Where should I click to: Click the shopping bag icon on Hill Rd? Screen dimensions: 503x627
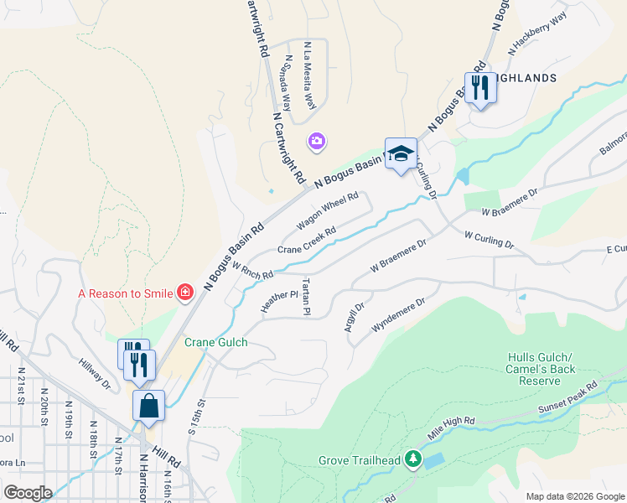pyautogui.click(x=148, y=406)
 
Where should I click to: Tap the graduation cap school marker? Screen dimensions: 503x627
pyautogui.click(x=401, y=153)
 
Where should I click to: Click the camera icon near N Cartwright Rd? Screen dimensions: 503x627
pyautogui.click(x=317, y=141)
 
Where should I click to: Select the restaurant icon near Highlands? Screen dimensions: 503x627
pyautogui.click(x=479, y=87)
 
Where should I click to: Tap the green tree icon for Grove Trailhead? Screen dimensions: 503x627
pyautogui.click(x=412, y=459)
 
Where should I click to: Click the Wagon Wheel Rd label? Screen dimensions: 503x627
pyautogui.click(x=328, y=213)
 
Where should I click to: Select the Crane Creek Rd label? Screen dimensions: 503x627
pyautogui.click(x=307, y=241)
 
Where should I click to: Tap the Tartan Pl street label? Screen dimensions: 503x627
pyautogui.click(x=307, y=296)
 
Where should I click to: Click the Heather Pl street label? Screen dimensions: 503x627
pyautogui.click(x=279, y=302)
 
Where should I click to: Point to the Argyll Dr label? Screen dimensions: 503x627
pyautogui.click(x=354, y=318)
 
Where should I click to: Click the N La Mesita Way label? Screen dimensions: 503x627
pyautogui.click(x=309, y=75)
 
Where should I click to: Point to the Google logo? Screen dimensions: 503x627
pyautogui.click(x=28, y=492)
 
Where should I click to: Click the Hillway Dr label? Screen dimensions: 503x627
pyautogui.click(x=95, y=375)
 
